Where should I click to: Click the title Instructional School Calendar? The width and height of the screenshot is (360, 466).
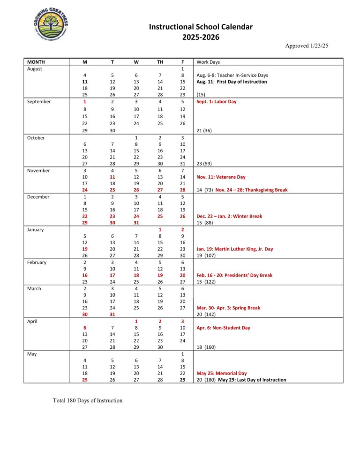pos(201,27)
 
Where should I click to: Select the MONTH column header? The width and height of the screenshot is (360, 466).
pos(36,62)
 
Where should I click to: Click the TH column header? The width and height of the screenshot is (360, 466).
pos(160,62)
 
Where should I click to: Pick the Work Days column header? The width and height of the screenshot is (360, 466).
pos(208,62)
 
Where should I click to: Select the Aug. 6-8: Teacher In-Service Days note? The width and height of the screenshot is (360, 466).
pos(231,75)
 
